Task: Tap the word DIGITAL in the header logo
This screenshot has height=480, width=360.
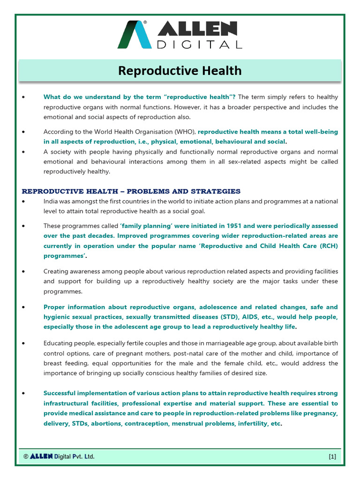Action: (200, 45)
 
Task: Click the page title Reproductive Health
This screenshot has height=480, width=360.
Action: (180, 70)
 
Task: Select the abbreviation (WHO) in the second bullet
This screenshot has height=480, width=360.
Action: (184, 132)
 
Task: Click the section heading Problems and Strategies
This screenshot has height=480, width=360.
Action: (131, 191)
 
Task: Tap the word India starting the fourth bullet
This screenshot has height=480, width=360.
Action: (52, 201)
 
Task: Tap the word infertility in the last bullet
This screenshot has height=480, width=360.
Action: (256, 423)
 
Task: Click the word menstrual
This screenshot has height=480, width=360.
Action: (189, 423)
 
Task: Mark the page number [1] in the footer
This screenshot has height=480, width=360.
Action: (332, 457)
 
